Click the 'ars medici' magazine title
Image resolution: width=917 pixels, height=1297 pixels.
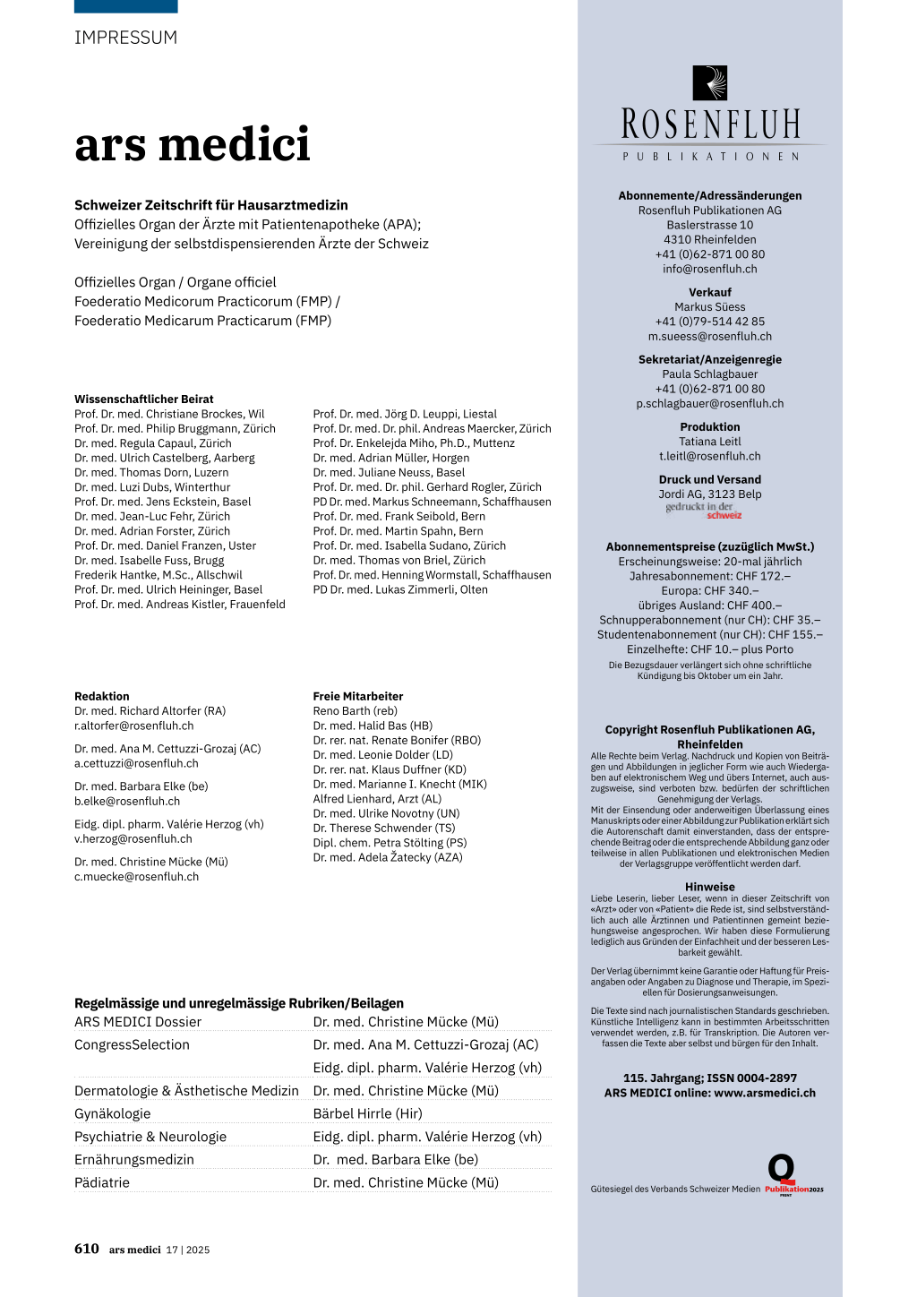pos(193,144)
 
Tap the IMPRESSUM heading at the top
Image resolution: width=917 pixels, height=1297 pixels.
pos(125,38)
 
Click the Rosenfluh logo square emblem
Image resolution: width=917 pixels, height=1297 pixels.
pos(710,82)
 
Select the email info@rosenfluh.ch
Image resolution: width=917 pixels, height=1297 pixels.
pos(710,269)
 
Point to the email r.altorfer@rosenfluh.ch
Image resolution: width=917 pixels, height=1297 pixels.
pos(134,726)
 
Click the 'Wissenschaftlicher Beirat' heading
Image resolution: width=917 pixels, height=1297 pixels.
pos(144,399)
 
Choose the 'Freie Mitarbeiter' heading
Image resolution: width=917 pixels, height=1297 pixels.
pos(358,696)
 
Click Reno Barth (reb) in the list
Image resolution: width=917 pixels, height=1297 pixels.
pos(355,711)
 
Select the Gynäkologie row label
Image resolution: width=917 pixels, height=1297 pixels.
pos(113,1113)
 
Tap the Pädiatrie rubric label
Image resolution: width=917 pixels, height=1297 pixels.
pos(102,1182)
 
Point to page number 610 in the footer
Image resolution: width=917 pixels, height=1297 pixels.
pos(87,1249)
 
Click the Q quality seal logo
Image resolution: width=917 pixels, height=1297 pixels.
pos(782,1169)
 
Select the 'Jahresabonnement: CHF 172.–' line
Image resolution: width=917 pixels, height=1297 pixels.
pos(710,576)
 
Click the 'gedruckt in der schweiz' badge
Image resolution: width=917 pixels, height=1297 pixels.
pos(704,511)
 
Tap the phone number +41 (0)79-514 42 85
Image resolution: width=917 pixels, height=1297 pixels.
pos(710,322)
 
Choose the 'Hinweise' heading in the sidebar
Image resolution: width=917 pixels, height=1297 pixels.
pos(710,887)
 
